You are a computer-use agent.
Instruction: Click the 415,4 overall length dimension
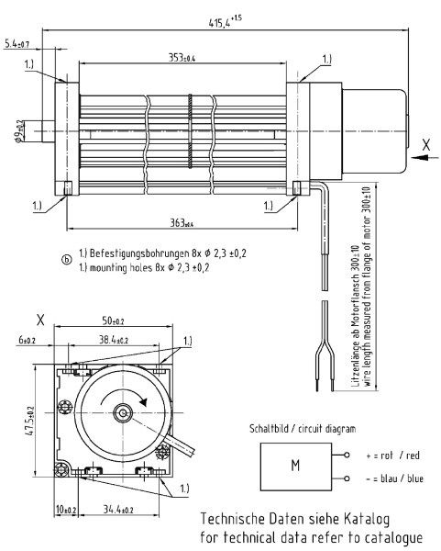(225, 21)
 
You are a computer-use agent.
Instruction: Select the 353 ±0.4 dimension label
(182, 57)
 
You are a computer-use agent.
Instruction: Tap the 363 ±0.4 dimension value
(182, 222)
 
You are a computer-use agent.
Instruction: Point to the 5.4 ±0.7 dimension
(17, 44)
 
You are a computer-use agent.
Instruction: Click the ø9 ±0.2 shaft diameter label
(19, 131)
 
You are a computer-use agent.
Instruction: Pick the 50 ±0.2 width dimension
(113, 320)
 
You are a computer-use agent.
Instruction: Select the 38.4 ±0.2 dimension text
(114, 340)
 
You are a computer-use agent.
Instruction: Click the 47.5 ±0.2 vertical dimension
(29, 422)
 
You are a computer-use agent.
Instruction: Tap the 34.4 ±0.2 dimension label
(118, 509)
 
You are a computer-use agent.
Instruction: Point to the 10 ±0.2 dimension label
(66, 509)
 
